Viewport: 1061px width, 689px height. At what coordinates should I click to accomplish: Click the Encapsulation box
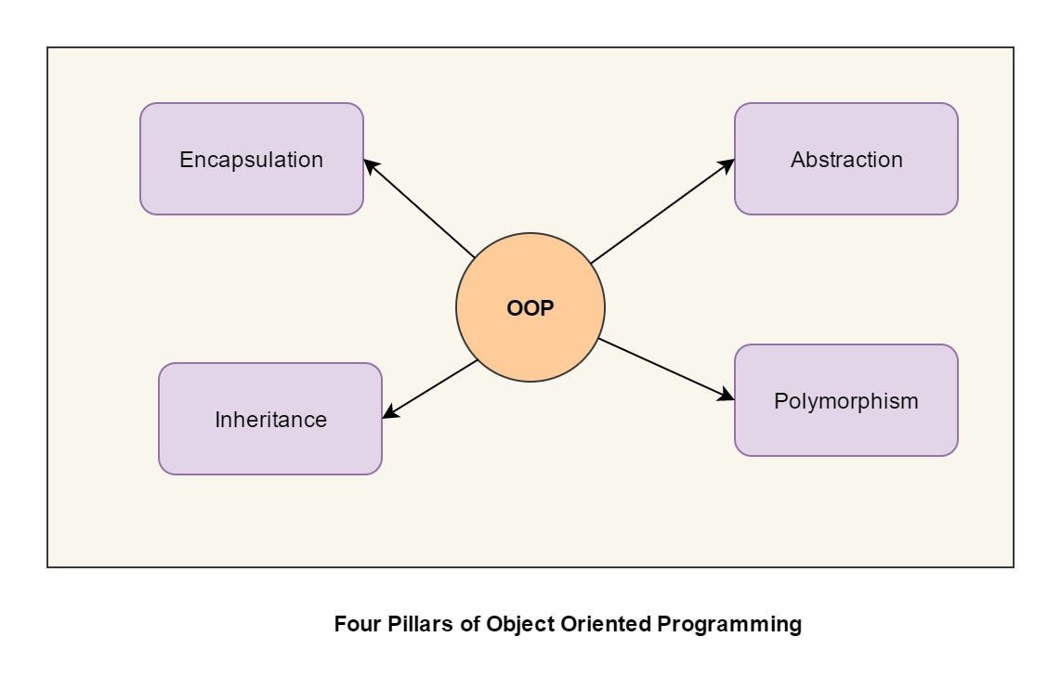pyautogui.click(x=251, y=159)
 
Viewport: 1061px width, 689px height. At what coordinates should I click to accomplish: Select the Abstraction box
pyautogui.click(x=845, y=159)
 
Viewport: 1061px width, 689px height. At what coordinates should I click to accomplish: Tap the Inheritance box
pyautogui.click(x=269, y=419)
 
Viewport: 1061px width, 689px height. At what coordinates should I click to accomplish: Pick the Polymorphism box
pyautogui.click(x=845, y=400)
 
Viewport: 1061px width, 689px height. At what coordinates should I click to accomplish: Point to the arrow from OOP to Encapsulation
pyautogui.click(x=420, y=209)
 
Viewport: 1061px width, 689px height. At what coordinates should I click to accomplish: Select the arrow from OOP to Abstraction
pyautogui.click(x=661, y=211)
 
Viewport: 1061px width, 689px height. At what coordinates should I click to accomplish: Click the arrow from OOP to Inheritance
pyautogui.click(x=431, y=389)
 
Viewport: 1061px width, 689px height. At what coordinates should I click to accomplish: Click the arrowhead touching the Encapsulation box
pyautogui.click(x=370, y=164)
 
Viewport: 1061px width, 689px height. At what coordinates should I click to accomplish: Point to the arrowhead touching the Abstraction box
pyautogui.click(x=727, y=164)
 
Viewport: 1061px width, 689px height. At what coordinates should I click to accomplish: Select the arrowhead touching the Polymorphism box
pyautogui.click(x=727, y=396)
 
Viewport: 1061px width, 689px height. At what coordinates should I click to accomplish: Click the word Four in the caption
pyautogui.click(x=353, y=624)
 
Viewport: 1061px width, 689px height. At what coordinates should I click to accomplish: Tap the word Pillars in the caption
pyautogui.click(x=418, y=624)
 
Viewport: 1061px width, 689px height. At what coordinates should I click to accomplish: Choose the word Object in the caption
pyautogui.click(x=523, y=624)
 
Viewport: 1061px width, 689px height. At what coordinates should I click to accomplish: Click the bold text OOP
pyautogui.click(x=530, y=308)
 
